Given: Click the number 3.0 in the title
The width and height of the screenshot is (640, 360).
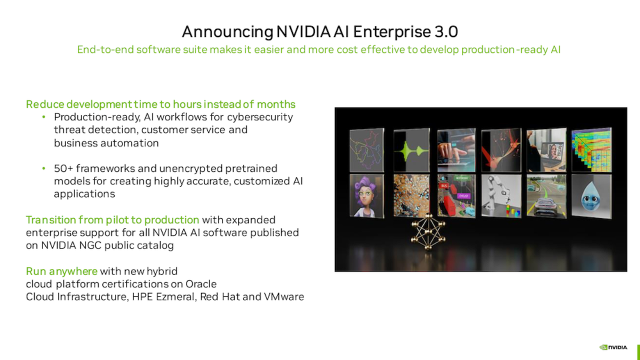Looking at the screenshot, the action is (446, 31).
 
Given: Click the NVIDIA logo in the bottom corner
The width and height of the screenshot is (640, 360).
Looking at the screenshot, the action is (613, 347).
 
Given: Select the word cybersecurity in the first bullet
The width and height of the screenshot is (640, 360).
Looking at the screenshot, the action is (260, 117).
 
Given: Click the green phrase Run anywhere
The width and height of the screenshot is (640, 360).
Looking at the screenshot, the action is (61, 271).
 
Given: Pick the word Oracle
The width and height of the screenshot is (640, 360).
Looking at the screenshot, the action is (201, 284).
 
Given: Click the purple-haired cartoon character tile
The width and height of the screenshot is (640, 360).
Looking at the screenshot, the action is (367, 196).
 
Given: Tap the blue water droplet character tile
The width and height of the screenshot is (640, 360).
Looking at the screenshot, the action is (591, 196).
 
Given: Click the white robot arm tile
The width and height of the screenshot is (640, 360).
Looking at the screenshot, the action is (501, 196).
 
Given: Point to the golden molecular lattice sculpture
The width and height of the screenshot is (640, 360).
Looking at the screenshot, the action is (428, 231).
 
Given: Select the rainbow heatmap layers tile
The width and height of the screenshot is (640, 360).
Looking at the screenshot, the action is (591, 150).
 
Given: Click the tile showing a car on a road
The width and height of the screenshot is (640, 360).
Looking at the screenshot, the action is (546, 196).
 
